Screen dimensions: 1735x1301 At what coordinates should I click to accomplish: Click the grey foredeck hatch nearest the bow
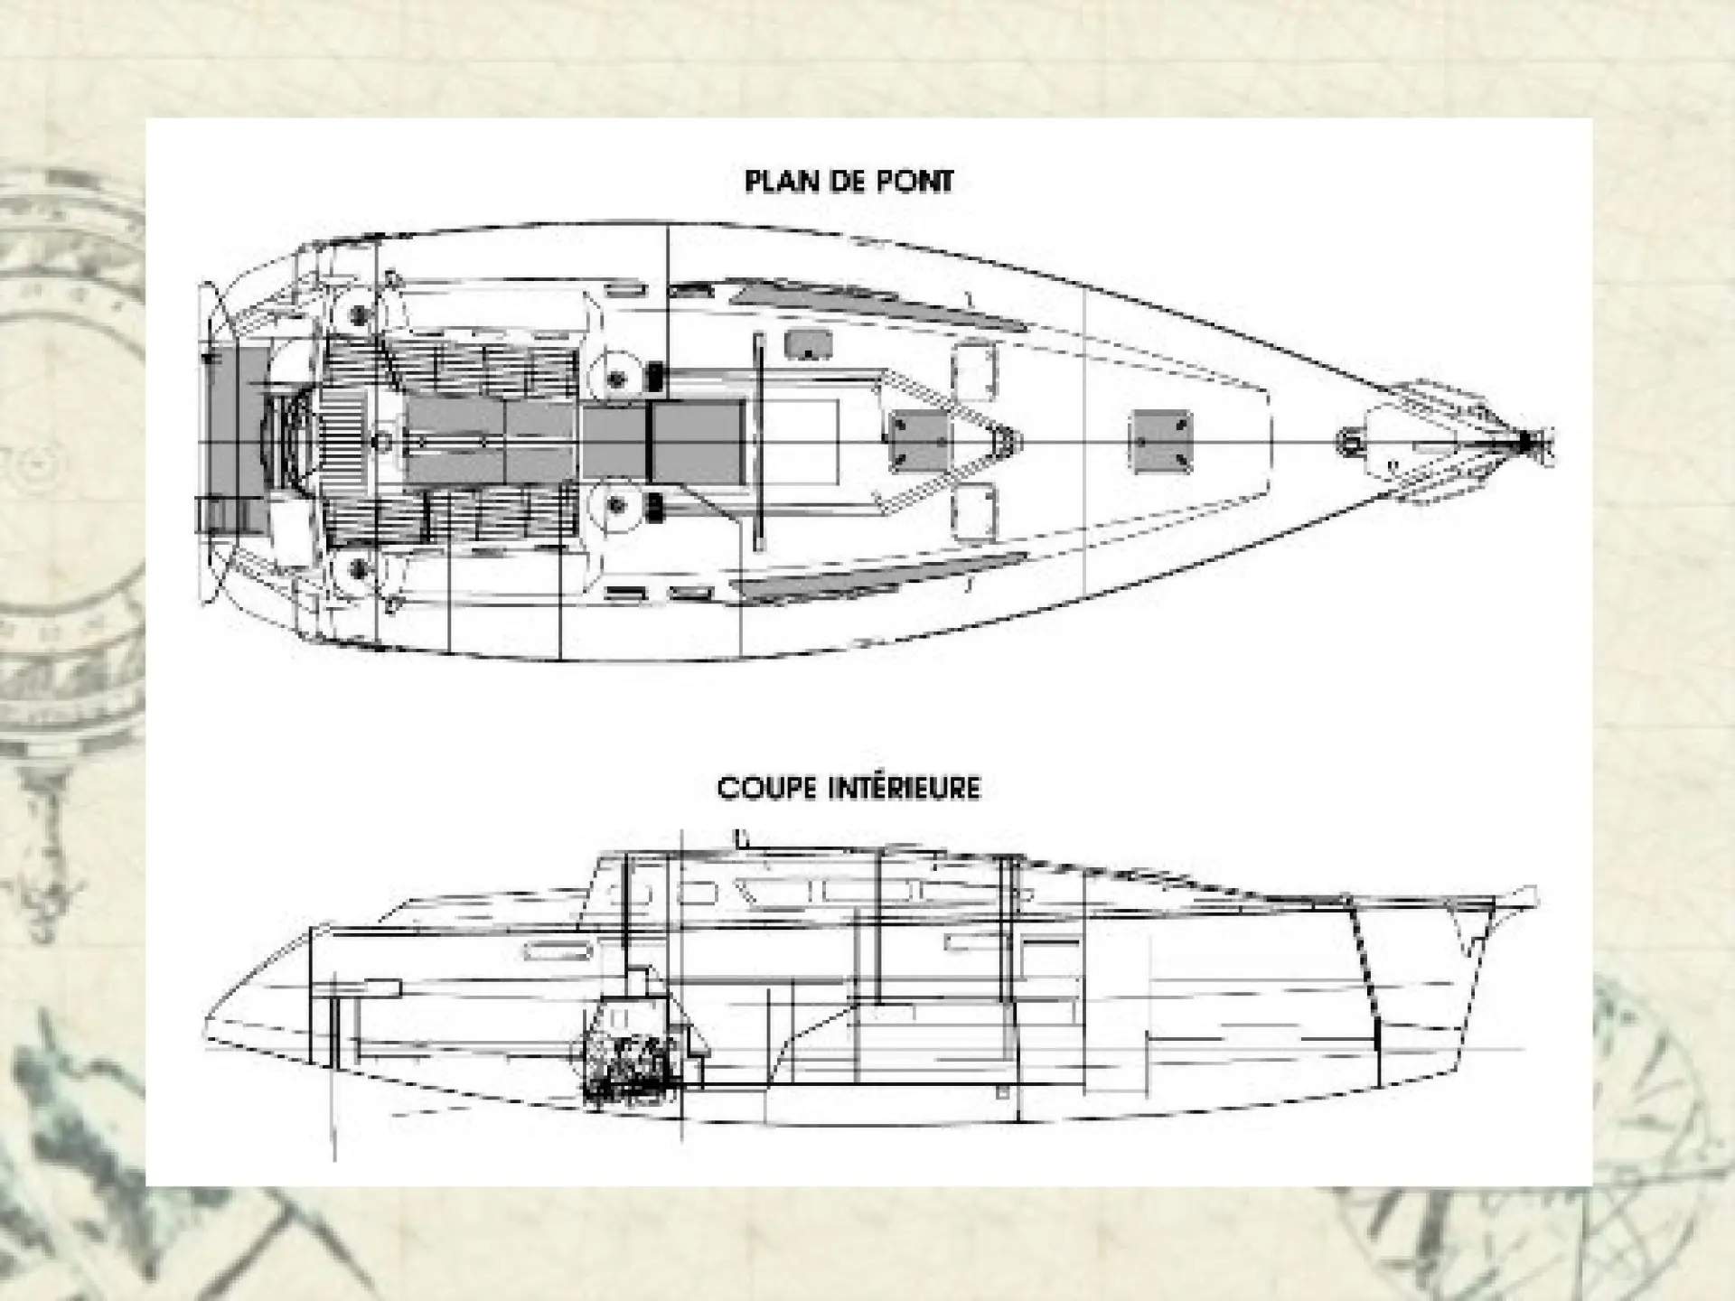click(x=1161, y=442)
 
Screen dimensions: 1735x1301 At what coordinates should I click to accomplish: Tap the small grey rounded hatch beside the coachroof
click(x=808, y=344)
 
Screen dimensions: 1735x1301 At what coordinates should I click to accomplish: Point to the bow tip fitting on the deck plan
click(x=1527, y=442)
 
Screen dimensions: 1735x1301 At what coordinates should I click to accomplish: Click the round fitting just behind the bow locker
click(x=1349, y=443)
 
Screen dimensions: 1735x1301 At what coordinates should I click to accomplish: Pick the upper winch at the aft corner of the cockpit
click(x=360, y=314)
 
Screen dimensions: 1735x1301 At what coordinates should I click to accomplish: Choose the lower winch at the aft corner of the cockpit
click(x=360, y=570)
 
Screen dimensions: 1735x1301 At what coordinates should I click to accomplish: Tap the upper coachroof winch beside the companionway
click(x=616, y=378)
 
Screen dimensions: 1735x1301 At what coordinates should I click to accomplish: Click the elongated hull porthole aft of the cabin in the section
click(x=558, y=950)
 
